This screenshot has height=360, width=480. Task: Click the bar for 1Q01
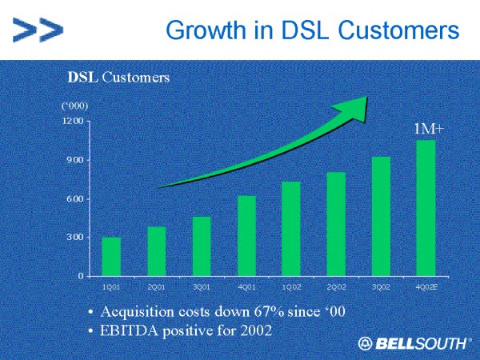point(111,256)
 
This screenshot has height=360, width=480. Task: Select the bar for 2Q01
point(156,251)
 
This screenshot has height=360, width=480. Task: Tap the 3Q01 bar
point(201,246)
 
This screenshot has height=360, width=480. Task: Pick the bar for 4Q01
point(246,235)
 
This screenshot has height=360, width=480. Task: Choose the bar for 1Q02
point(291,229)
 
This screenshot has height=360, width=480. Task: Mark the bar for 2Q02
point(336,223)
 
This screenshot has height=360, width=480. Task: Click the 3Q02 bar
point(381,216)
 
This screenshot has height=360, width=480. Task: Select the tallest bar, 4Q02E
point(426,208)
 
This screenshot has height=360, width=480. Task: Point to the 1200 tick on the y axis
point(73,122)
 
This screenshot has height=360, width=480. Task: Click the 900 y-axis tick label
point(75,160)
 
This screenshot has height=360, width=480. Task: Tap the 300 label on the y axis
point(75,238)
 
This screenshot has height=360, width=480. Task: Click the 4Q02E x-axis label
point(426,286)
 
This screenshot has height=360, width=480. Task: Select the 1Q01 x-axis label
point(111,286)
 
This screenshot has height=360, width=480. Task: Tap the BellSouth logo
point(413,343)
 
